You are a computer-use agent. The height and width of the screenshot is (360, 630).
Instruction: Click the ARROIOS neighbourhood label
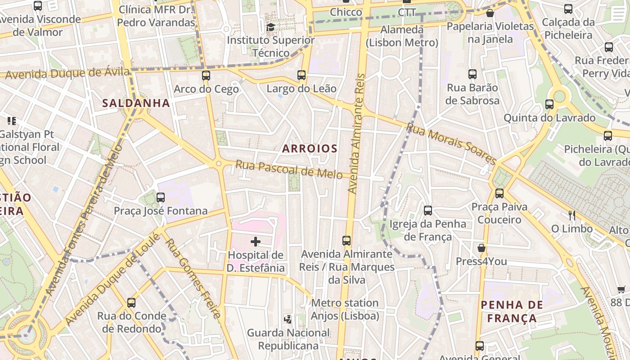310,148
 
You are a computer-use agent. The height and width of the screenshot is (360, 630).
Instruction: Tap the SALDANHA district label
136,103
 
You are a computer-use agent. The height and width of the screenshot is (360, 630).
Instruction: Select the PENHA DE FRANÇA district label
512,311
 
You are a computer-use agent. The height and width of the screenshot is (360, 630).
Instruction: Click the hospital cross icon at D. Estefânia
256,242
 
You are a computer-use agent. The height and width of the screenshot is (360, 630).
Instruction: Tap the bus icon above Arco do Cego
206,76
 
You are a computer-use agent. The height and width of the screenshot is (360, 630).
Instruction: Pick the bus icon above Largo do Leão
301,75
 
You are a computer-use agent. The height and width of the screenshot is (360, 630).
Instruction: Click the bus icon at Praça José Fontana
161,198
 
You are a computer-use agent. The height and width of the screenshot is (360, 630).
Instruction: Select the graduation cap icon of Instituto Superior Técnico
270,27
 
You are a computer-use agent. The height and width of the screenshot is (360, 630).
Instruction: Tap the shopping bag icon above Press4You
481,248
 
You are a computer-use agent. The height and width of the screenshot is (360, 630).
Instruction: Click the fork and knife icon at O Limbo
572,215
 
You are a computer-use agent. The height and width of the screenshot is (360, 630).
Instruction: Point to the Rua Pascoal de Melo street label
289,170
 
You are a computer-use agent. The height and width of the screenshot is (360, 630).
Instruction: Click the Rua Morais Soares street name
451,144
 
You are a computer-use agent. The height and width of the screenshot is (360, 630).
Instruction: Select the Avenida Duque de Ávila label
67,73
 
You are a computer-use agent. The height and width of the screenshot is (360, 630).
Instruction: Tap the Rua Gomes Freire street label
193,278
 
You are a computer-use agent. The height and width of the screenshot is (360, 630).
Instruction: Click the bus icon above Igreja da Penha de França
428,210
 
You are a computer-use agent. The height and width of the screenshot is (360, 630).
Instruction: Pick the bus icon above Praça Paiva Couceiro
499,193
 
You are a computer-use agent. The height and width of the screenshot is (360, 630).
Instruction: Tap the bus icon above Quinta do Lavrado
549,104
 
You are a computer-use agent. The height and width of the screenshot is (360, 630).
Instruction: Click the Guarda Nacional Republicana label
288,339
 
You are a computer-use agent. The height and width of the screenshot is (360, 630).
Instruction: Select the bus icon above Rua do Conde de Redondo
131,303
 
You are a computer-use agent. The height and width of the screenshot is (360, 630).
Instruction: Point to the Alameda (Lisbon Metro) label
402,36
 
